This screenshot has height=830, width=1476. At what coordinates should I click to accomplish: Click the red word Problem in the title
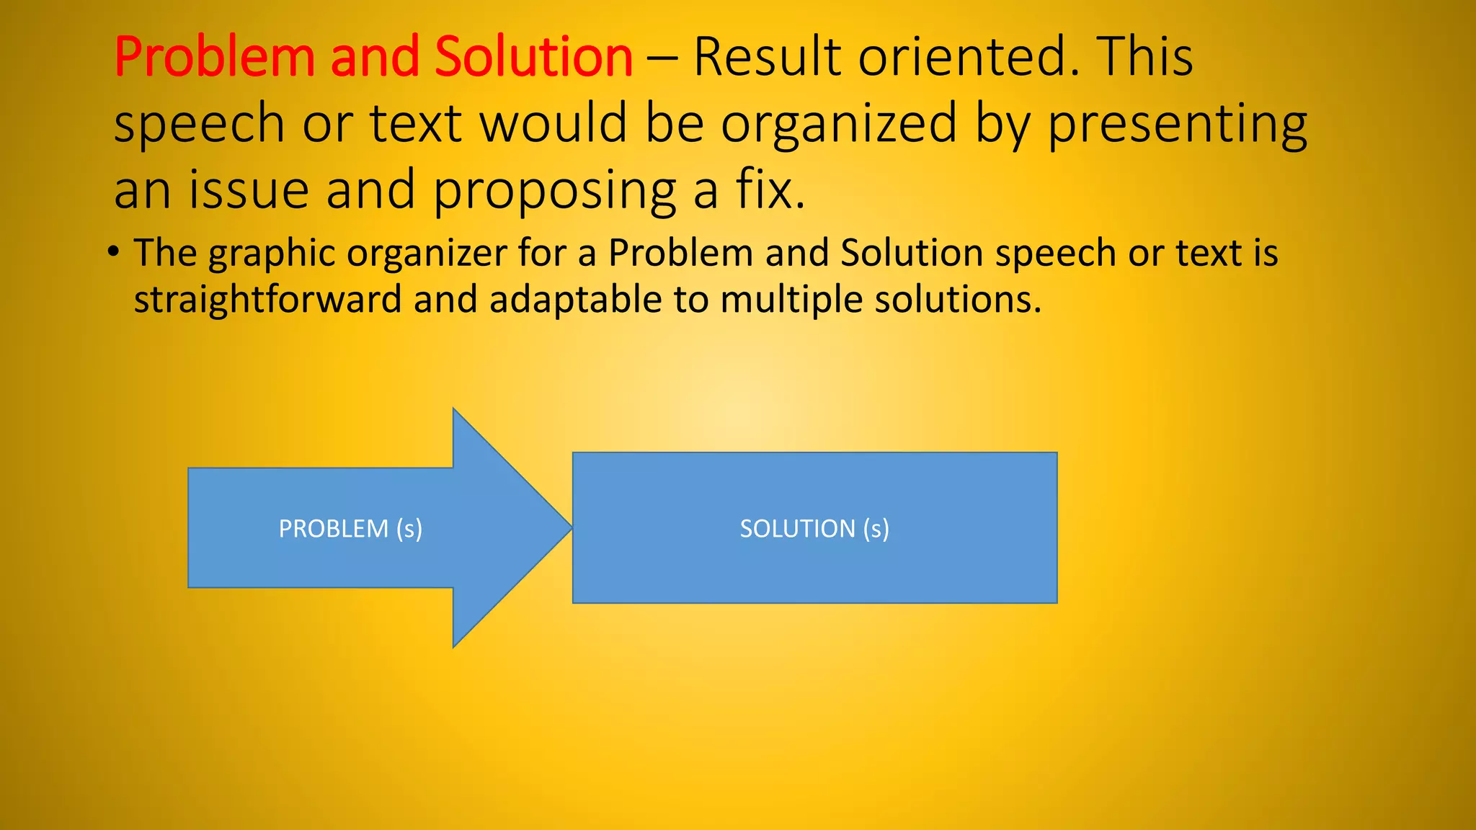tap(214, 58)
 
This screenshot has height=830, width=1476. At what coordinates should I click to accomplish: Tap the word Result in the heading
tap(767, 58)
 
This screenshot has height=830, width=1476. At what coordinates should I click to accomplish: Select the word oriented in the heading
tap(969, 58)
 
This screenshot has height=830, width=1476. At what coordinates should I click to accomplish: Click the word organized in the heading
tap(839, 124)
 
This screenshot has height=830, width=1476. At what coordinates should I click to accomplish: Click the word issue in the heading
tap(249, 190)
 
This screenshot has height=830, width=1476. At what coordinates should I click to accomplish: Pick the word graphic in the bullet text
tap(272, 254)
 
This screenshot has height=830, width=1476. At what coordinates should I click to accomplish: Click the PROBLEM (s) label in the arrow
tap(350, 529)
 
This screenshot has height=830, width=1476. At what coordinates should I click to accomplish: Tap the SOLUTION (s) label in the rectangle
tap(814, 529)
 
